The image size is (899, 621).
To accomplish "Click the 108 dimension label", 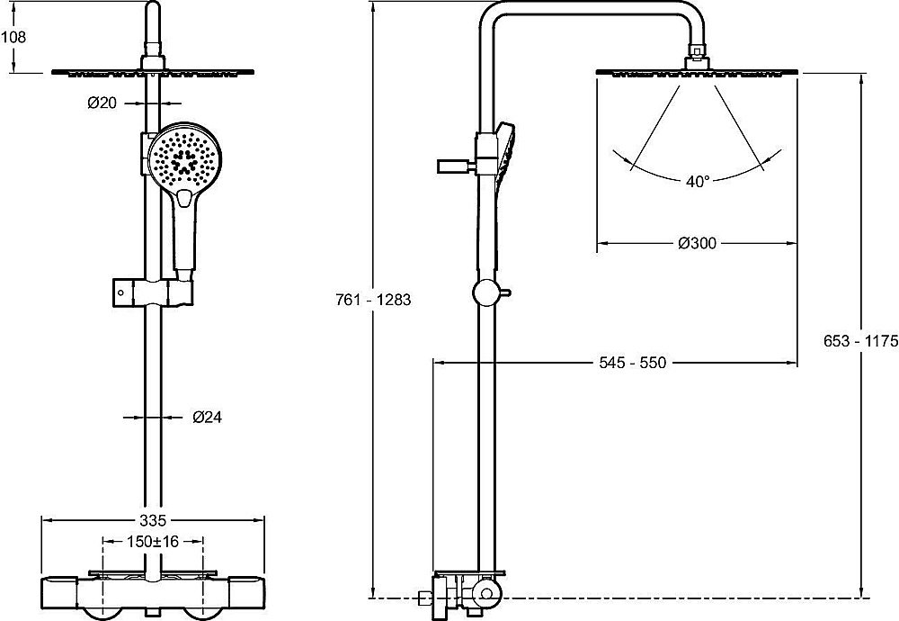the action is tap(13, 37).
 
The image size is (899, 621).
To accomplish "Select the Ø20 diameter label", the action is tap(102, 103).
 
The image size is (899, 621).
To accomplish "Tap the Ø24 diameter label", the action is tap(207, 418).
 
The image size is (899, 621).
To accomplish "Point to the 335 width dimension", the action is tap(153, 520).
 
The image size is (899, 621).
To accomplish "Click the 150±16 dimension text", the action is tap(153, 541).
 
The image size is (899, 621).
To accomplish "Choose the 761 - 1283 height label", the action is tap(373, 300).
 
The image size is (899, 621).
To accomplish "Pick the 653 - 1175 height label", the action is tap(860, 341).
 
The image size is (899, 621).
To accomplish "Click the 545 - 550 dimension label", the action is tap(633, 363).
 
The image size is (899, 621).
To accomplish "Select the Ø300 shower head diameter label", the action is tap(698, 243).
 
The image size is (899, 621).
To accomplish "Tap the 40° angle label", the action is tap(698, 182).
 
